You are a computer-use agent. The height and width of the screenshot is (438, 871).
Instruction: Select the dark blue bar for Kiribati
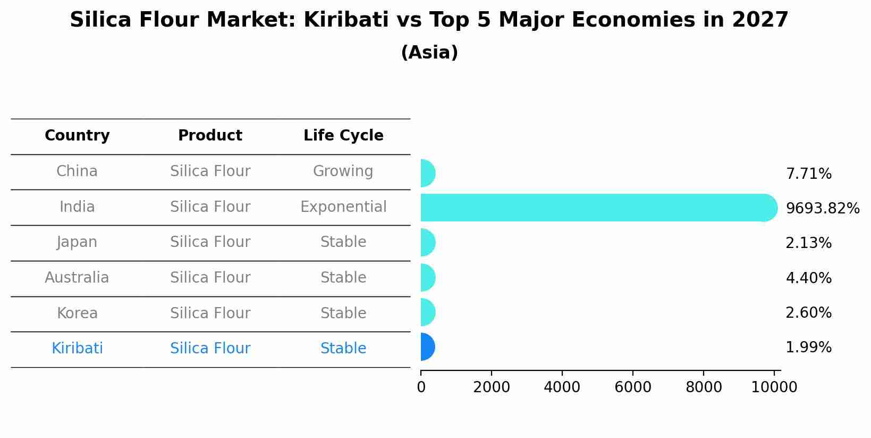tap(427, 347)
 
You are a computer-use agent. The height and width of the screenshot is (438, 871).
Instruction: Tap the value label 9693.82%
tap(822, 209)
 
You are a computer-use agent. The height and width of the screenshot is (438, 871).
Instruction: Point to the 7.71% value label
tap(808, 174)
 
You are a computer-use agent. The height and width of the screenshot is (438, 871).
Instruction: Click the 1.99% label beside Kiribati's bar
tap(808, 348)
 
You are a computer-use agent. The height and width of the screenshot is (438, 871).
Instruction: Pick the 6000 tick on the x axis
tap(632, 387)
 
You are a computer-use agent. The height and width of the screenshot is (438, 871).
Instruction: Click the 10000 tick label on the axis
tap(774, 387)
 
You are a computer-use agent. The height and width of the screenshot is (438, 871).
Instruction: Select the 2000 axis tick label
tap(491, 387)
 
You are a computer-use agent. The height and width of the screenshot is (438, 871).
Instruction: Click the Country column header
tap(77, 136)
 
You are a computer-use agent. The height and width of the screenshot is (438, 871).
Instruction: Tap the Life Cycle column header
tap(343, 136)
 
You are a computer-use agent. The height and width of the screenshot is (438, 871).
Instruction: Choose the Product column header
tap(210, 136)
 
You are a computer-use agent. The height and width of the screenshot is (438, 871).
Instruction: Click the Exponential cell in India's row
tap(343, 207)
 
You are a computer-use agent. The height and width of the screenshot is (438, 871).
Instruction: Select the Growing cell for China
tap(343, 171)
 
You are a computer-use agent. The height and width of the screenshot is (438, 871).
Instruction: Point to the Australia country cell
tap(77, 278)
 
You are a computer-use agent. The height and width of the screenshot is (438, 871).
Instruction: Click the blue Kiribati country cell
tap(77, 349)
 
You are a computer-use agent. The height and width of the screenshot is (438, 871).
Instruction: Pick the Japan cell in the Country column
tap(77, 242)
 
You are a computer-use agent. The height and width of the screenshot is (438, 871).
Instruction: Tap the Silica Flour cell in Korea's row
tap(210, 313)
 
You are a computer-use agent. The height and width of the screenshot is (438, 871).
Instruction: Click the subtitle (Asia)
tap(429, 53)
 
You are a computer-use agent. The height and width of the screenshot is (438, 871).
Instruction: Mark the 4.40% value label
tap(808, 278)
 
